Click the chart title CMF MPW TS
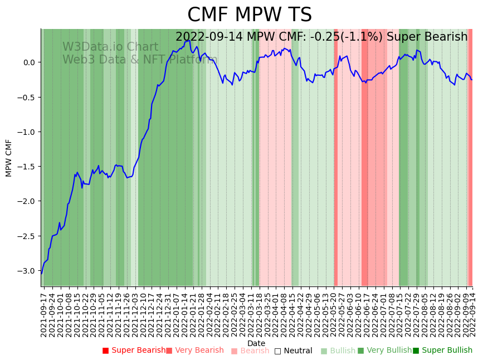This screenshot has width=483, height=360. click(x=249, y=15)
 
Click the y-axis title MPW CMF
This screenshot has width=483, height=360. click(x=9, y=158)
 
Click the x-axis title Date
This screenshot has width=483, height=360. click(x=256, y=343)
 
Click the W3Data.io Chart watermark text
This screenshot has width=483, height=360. click(x=110, y=47)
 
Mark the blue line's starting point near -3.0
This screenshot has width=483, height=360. click(x=41, y=273)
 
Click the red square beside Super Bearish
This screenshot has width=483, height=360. click(x=105, y=351)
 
